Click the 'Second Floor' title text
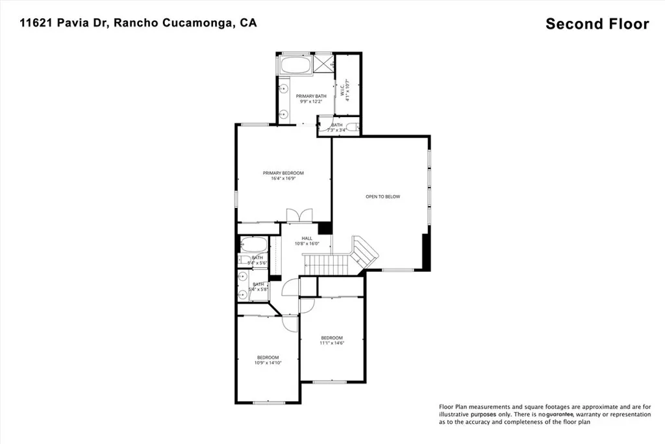[597, 24]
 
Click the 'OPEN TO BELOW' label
[383, 196]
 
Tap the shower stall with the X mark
[323, 64]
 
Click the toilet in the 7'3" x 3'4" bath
[352, 127]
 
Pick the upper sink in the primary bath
[284, 87]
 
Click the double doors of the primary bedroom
[299, 215]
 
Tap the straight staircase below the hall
[320, 264]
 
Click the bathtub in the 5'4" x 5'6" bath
[253, 245]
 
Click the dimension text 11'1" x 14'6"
[332, 343]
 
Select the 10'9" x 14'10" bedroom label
[268, 360]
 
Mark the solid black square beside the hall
[325, 228]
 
